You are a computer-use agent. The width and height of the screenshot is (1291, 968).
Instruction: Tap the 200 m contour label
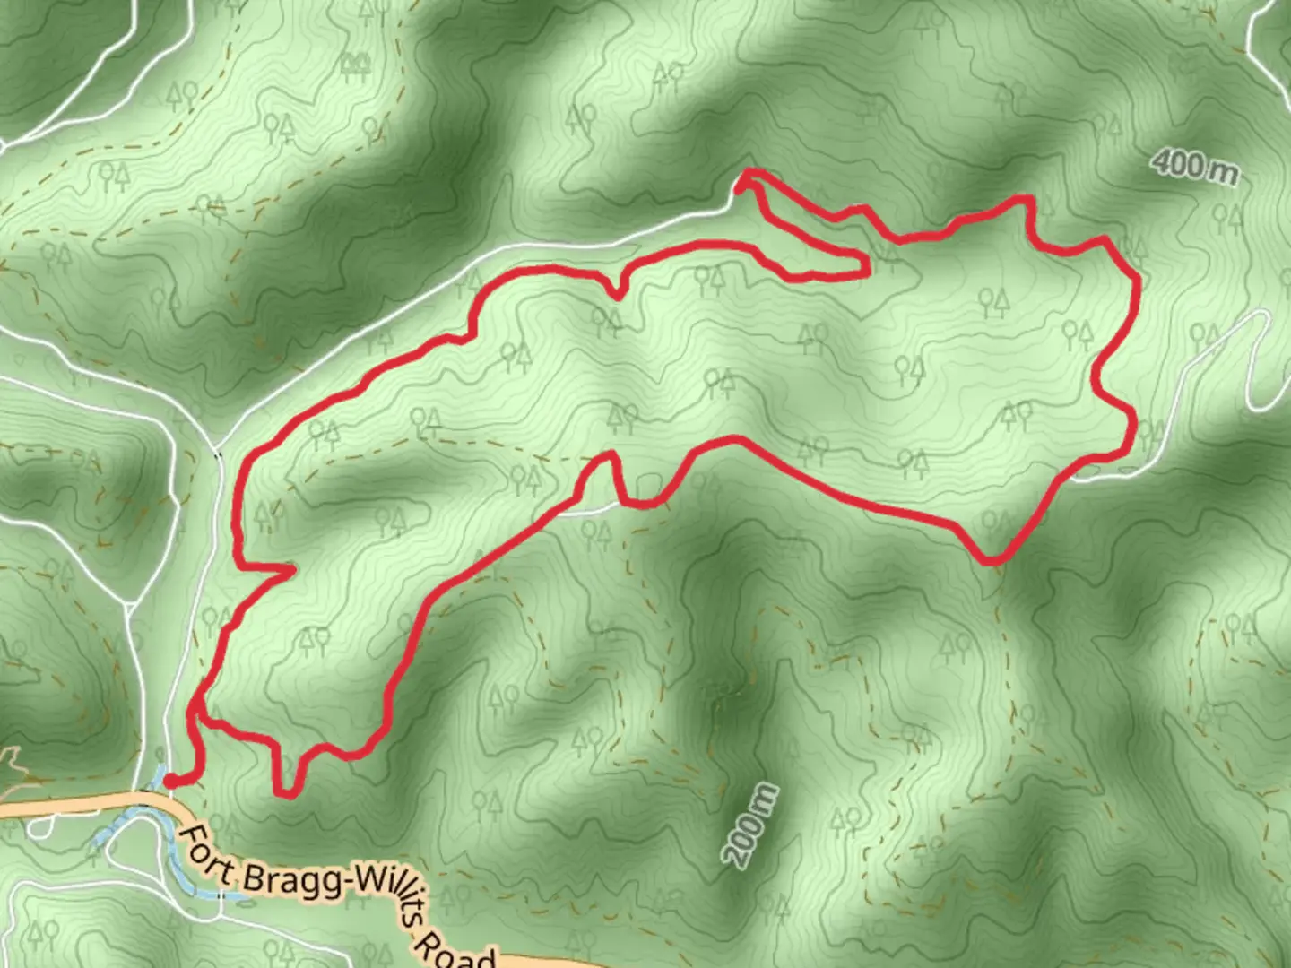tap(751, 825)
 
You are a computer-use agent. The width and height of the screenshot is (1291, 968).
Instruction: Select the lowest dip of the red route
tap(286, 792)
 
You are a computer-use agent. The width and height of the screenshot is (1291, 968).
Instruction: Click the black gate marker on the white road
tap(219, 454)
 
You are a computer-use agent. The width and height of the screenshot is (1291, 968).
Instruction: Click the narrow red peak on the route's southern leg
tap(610, 456)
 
